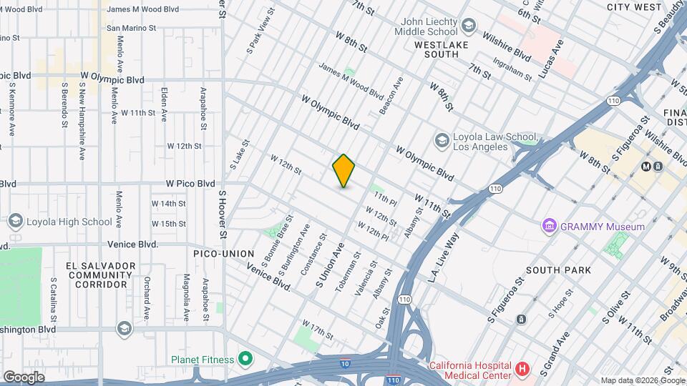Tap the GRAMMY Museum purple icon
pyautogui.click(x=550, y=227)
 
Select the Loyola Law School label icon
pyautogui.click(x=442, y=139)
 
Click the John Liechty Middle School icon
pyautogui.click(x=468, y=27)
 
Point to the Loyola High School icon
pyautogui.click(x=14, y=222)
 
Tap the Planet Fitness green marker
pyautogui.click(x=245, y=358)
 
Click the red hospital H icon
pyautogui.click(x=522, y=370)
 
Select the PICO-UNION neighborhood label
pyautogui.click(x=223, y=254)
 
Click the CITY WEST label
pyautogui.click(x=634, y=7)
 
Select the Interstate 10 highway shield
pyautogui.click(x=344, y=363)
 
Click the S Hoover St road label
pyautogui.click(x=223, y=214)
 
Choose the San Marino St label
pyautogui.click(x=132, y=29)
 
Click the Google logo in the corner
pyautogui.click(x=24, y=377)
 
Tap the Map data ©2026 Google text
pyautogui.click(x=641, y=380)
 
